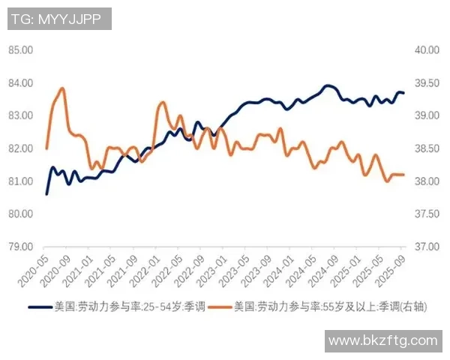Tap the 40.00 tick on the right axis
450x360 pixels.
pyautogui.click(x=425, y=50)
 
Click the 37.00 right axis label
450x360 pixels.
pyautogui.click(x=425, y=247)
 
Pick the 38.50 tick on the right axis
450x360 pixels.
pyautogui.click(x=425, y=148)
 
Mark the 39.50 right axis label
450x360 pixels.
pyautogui.click(x=425, y=82)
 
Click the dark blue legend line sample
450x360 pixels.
pyautogui.click(x=40, y=307)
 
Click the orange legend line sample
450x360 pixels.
pyautogui.click(x=220, y=307)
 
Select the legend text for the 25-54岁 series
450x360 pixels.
pyautogui.click(x=127, y=307)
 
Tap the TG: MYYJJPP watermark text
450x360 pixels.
pyautogui.click(x=59, y=18)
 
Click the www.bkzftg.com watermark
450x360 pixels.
pyautogui.click(x=382, y=340)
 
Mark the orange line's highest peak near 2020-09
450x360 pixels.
pyautogui.click(x=61, y=88)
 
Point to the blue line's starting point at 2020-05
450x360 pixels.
pyautogui.click(x=46, y=194)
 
